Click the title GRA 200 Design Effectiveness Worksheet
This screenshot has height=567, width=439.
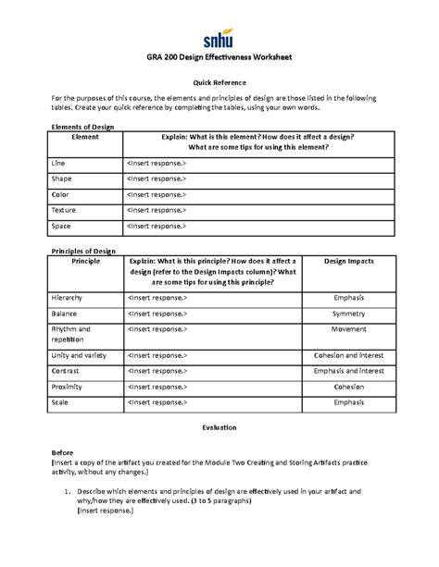[219, 58]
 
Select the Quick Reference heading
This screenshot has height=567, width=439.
[219, 82]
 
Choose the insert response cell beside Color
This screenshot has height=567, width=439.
[156, 194]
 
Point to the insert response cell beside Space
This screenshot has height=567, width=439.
[156, 226]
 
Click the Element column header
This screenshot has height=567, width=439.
[84, 136]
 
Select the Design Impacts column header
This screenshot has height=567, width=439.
[348, 262]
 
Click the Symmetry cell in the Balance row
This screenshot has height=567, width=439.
[348, 314]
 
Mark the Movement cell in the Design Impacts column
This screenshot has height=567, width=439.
[348, 328]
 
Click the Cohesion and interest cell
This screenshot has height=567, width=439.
[348, 355]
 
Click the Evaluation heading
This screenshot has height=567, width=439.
[219, 428]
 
